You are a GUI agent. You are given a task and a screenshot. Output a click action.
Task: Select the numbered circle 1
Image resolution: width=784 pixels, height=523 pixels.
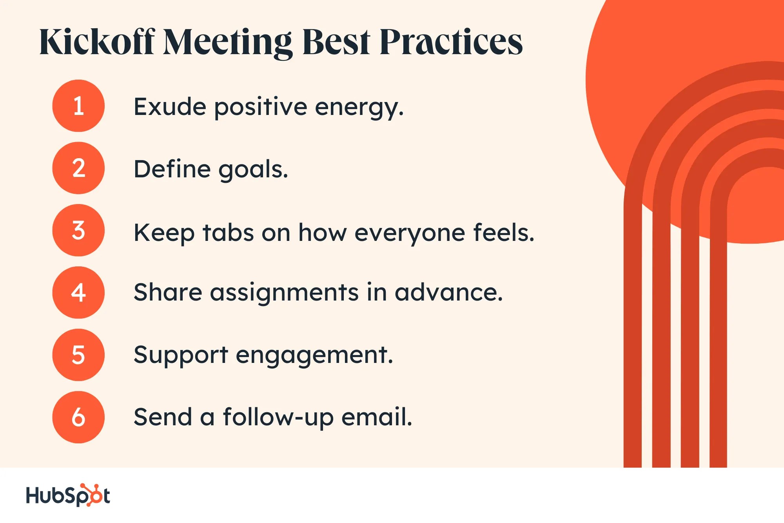pos(78,106)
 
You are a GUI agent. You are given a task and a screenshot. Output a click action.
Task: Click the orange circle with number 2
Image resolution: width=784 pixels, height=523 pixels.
pos(78,168)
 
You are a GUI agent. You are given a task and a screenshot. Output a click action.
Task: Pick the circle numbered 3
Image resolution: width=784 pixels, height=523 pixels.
pos(78,230)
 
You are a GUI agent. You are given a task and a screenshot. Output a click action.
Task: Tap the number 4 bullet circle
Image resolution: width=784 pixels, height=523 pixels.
pos(78,292)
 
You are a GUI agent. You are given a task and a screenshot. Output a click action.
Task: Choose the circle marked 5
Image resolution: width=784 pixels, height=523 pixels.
pos(78,355)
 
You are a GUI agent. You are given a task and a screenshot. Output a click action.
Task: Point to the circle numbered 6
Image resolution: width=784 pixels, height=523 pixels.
pos(78,417)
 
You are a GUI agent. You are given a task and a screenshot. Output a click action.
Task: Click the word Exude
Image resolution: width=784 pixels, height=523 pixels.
pos(170,107)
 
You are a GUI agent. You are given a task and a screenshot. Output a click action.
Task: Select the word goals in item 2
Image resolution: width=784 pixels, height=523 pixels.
pos(253,170)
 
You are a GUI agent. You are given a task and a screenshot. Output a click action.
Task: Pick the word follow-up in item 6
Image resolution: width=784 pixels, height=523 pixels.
pos(278,417)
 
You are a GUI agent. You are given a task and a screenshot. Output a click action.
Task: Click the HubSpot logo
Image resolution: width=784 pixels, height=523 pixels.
pos(68,495)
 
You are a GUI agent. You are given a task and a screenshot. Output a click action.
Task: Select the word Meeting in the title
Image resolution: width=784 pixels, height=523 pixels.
pos(227,42)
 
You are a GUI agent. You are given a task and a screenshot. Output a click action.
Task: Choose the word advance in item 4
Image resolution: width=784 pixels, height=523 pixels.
pos(448,293)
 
